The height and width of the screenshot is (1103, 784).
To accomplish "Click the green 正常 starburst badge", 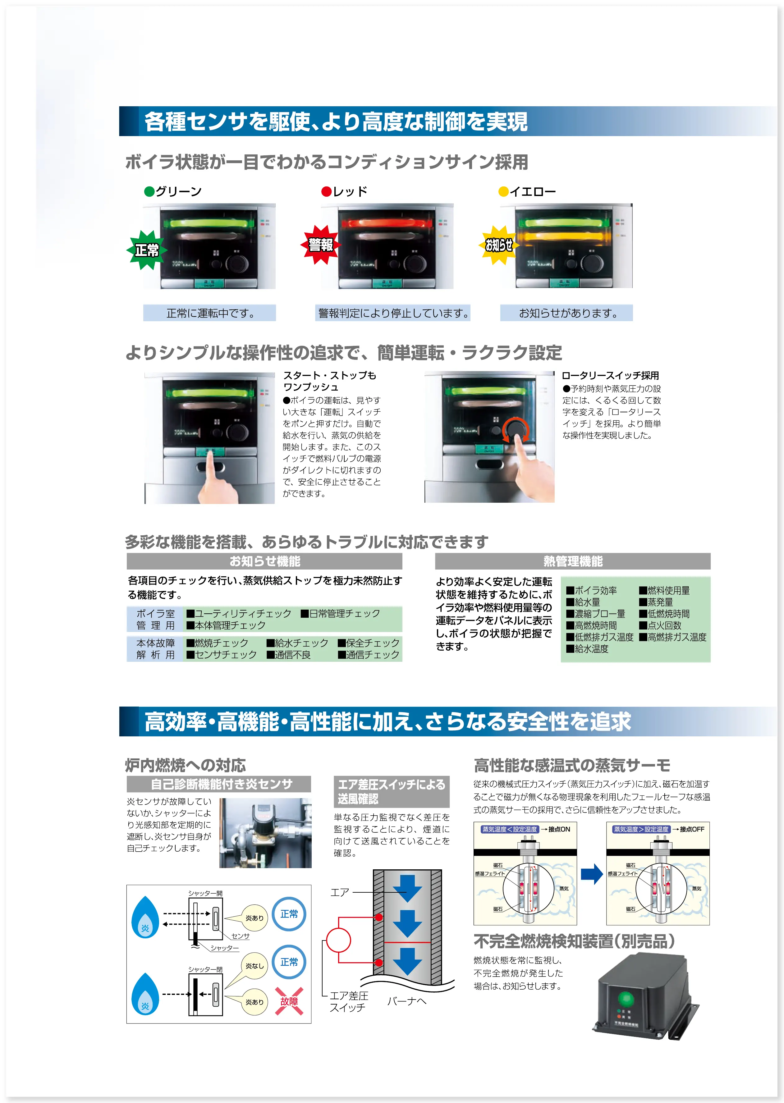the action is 146,250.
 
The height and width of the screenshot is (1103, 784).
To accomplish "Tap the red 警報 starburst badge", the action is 321,245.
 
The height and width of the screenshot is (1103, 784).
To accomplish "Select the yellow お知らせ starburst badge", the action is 499,245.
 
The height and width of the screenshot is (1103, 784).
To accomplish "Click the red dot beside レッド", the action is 326,192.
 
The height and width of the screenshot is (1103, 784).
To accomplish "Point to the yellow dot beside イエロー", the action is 503,192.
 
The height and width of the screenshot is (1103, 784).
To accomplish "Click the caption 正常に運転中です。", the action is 209,313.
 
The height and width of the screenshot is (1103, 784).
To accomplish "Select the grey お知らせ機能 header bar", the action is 264,561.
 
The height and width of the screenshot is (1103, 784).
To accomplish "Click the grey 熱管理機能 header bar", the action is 573,561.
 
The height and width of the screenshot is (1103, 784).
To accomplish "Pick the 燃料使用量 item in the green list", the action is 668,590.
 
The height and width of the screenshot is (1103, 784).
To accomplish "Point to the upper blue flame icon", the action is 145,918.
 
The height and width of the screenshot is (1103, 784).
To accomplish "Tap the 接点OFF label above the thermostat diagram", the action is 692,829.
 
